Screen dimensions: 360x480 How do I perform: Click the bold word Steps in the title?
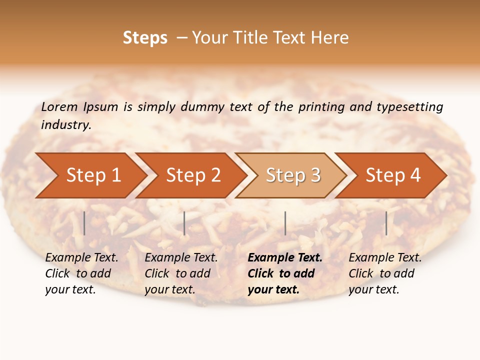click(145, 38)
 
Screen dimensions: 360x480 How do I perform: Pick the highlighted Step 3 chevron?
click(293, 175)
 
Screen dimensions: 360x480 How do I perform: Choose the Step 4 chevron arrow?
click(393, 175)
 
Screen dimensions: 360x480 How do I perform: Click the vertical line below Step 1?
click(84, 223)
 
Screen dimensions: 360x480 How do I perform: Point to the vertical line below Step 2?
click(184, 223)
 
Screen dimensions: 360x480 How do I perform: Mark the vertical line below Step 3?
click(285, 223)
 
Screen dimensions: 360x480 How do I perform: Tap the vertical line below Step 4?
click(386, 223)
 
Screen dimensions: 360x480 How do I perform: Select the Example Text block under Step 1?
click(81, 273)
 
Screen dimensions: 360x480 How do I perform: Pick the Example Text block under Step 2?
click(181, 273)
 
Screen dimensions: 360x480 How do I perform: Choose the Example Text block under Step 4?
click(385, 273)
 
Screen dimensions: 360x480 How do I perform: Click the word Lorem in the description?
click(59, 106)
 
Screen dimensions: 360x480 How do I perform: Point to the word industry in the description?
click(66, 125)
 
